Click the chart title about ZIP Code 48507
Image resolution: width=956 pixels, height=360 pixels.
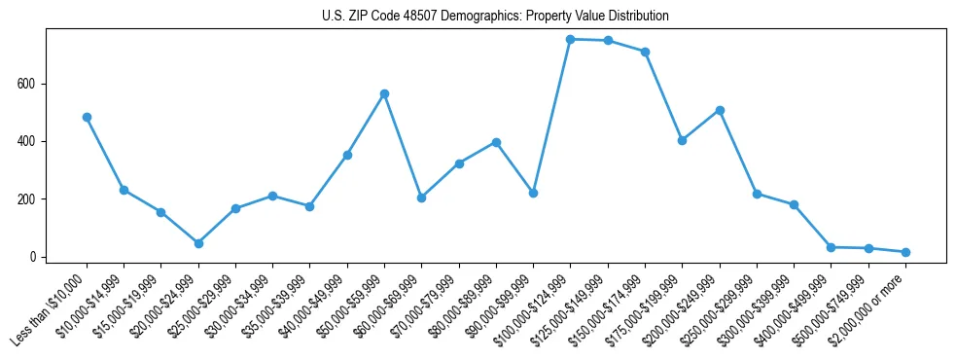(495, 17)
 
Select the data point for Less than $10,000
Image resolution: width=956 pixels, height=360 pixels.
(87, 117)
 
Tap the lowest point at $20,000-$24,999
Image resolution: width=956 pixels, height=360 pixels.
(198, 243)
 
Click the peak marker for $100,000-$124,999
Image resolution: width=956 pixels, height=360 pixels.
(571, 39)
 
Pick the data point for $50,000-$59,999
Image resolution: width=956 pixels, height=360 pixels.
(384, 93)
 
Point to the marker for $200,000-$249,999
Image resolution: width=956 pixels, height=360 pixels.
(720, 110)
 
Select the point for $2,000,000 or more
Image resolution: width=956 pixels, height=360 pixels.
(905, 252)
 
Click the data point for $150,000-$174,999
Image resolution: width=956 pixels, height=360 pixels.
(645, 52)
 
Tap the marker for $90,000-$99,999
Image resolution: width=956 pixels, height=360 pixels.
(533, 193)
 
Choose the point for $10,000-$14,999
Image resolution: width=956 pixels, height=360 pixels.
(124, 190)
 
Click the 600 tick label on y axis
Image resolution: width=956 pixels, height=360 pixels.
(27, 84)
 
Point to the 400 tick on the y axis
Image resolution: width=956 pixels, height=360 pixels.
(27, 141)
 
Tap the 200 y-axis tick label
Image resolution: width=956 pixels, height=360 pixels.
(27, 199)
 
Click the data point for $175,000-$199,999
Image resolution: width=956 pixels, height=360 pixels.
(683, 140)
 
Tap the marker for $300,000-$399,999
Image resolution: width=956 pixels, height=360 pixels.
(794, 204)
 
